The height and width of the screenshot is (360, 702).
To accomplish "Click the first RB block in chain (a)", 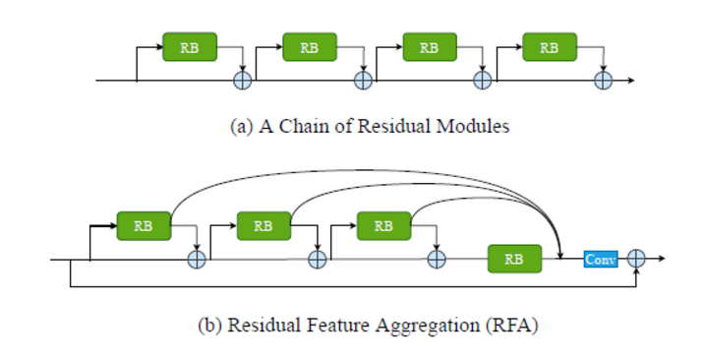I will coord(189,47).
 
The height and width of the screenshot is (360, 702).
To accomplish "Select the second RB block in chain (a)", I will coord(310,47).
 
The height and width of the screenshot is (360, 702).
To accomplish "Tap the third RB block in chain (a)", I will coord(430,47).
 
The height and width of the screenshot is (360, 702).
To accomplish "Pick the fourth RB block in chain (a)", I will coord(550,47).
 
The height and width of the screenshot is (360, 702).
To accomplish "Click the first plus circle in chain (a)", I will coord(242,80).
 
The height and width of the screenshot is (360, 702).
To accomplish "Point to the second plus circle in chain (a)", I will coord(363,80).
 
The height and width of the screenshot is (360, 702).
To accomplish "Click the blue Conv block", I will coord(599,259).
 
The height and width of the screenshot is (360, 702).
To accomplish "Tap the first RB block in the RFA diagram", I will coord(144,225).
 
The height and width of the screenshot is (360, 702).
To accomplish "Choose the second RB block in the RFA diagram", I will coord(263,225).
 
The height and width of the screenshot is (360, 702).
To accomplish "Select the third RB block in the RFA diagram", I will coord(383,225).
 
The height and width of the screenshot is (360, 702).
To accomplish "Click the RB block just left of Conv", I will coord(514,259).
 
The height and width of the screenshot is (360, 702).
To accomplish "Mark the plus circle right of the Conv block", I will coord(637,259).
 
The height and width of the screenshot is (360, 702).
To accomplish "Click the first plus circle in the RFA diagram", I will coord(197,259).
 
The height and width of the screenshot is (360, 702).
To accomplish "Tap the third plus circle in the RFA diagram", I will coord(437,259).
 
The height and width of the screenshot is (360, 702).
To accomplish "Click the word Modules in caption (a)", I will coord(476,128).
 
